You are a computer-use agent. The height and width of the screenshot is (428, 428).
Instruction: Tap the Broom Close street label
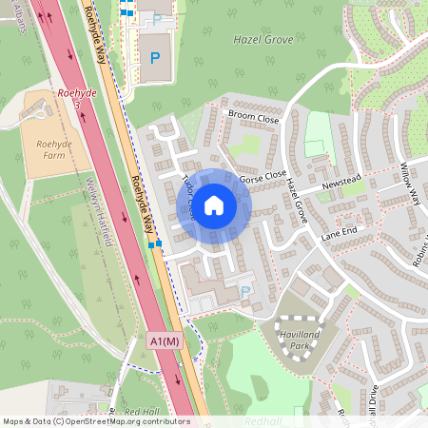tap(253, 120)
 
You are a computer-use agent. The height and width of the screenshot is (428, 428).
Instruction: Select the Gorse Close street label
tap(263, 177)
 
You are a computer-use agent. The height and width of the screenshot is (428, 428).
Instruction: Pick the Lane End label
tap(338, 231)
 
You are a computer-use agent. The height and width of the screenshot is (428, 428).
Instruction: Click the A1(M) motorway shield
tap(165, 340)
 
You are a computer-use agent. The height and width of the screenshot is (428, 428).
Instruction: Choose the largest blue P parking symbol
tap(154, 58)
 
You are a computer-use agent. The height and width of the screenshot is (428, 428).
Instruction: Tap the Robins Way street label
tap(418, 249)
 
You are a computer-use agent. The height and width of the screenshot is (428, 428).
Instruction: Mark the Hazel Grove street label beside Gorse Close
tap(295, 200)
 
